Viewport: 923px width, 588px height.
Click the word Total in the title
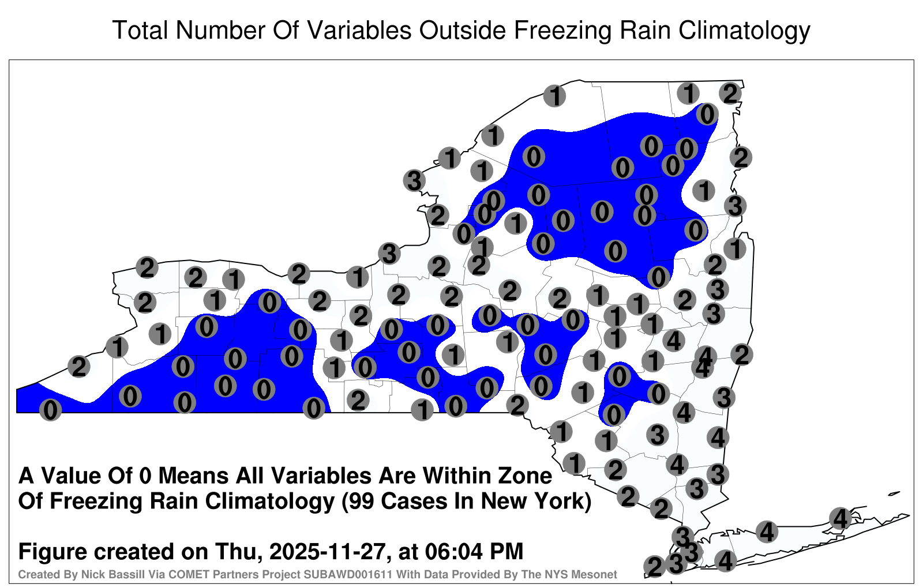click(x=140, y=30)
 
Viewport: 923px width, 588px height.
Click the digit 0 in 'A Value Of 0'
click(x=145, y=476)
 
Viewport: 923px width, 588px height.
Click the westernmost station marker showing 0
click(x=50, y=410)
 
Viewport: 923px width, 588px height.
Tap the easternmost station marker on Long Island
click(x=840, y=518)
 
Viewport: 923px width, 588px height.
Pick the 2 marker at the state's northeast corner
click(x=730, y=94)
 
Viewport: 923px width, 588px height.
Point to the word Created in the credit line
click(x=34, y=574)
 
